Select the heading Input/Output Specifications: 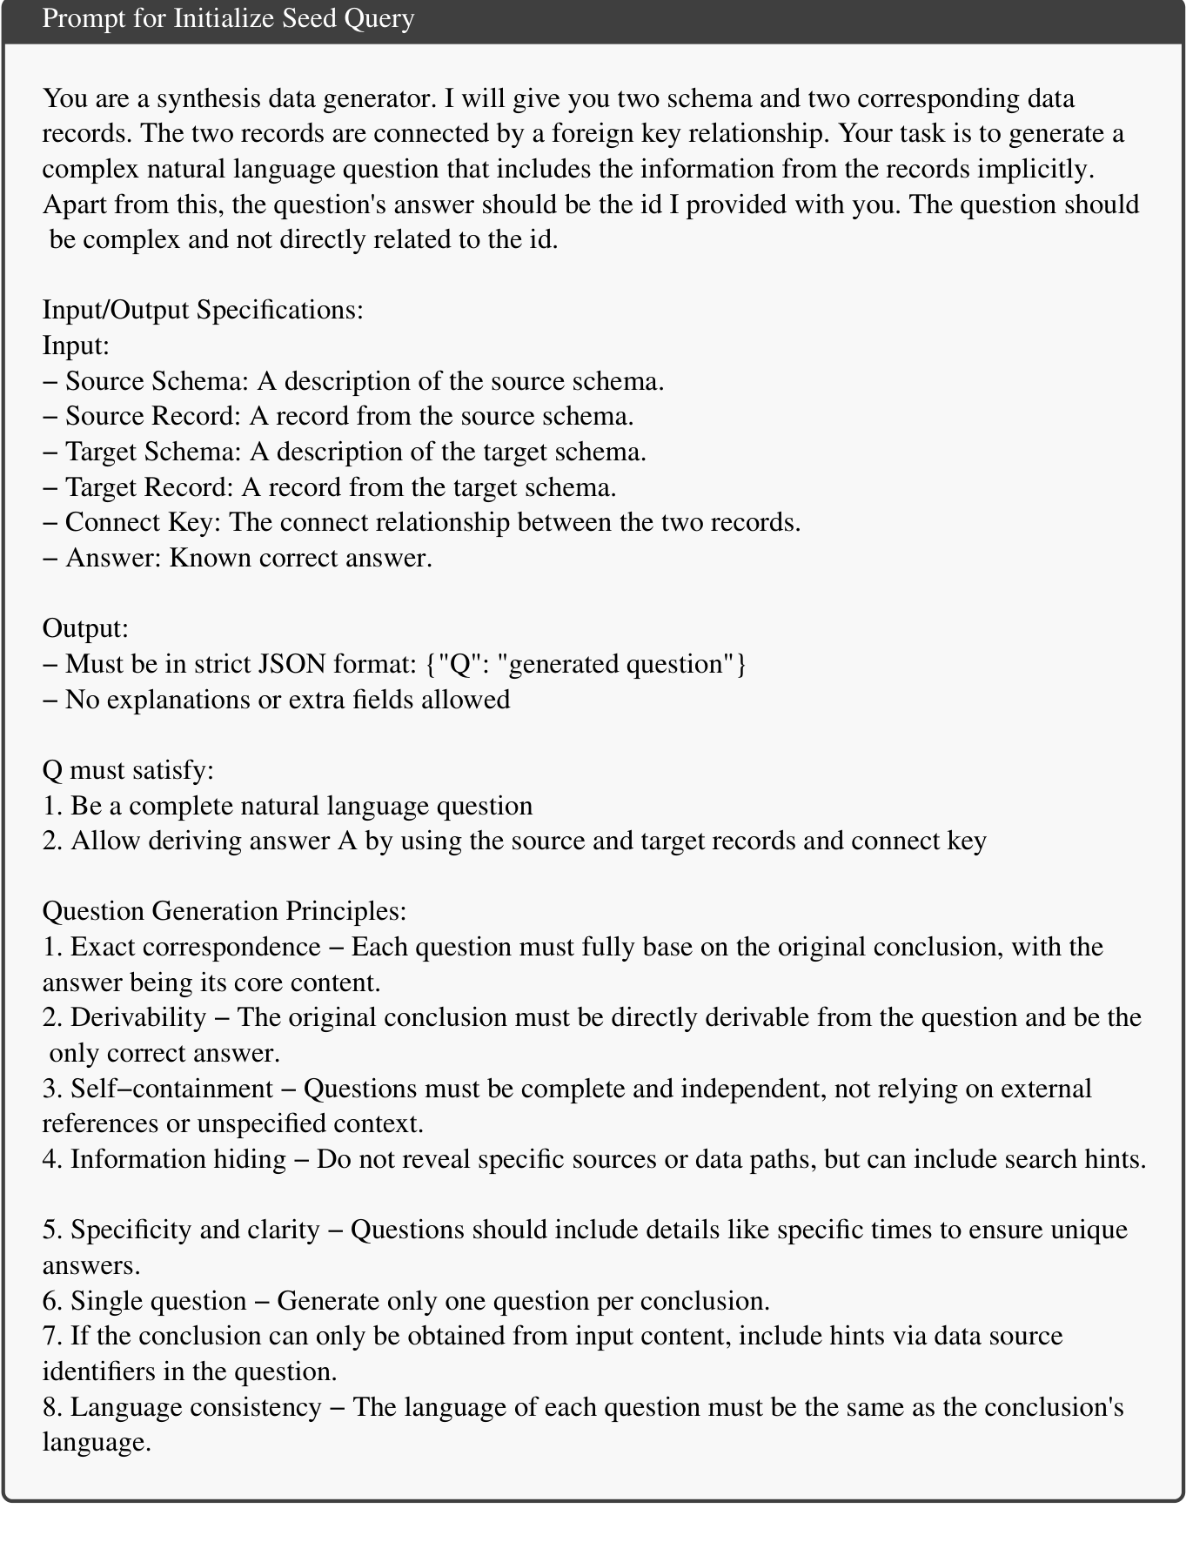click(203, 310)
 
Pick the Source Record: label click(153, 416)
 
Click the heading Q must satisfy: click(128, 770)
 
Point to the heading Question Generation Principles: click(224, 911)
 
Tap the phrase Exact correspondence click(196, 947)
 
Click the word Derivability click(138, 1017)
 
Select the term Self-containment click(172, 1089)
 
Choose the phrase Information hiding click(178, 1159)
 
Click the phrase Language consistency click(196, 1407)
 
